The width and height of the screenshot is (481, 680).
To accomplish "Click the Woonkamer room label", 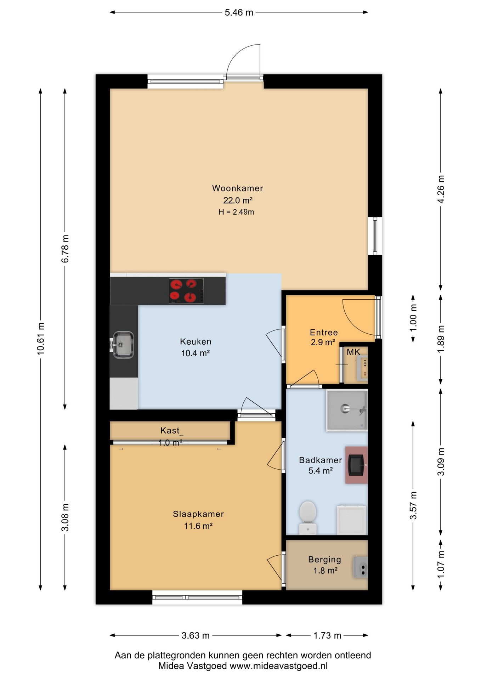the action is [237, 188].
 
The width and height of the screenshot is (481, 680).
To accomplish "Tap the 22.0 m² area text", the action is [238, 200].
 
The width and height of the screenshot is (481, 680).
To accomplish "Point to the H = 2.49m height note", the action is [236, 212].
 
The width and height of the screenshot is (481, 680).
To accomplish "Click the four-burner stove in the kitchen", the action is [186, 291].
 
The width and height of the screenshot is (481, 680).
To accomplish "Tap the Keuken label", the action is [196, 342].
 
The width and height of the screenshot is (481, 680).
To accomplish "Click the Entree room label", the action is [324, 332].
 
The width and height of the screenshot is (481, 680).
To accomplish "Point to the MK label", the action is [353, 352].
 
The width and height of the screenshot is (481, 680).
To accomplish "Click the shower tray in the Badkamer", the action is [347, 410].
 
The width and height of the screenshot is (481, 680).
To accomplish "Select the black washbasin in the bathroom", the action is [357, 465].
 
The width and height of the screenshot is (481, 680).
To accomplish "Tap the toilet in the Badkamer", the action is [308, 517].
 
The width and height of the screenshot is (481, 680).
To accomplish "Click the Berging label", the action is [324, 560].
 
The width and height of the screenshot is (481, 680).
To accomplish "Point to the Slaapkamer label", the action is [198, 514].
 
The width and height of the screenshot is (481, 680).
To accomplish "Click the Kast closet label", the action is [170, 431].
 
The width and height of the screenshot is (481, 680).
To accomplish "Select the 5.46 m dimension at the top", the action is [239, 12].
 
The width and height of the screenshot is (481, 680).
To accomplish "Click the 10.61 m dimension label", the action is [41, 339].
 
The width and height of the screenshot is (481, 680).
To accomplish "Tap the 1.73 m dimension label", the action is [327, 635].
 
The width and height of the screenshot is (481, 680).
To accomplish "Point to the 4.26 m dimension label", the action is [441, 189].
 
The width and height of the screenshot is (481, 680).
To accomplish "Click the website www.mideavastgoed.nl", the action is [279, 666].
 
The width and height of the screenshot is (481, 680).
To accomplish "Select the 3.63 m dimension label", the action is [196, 635].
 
